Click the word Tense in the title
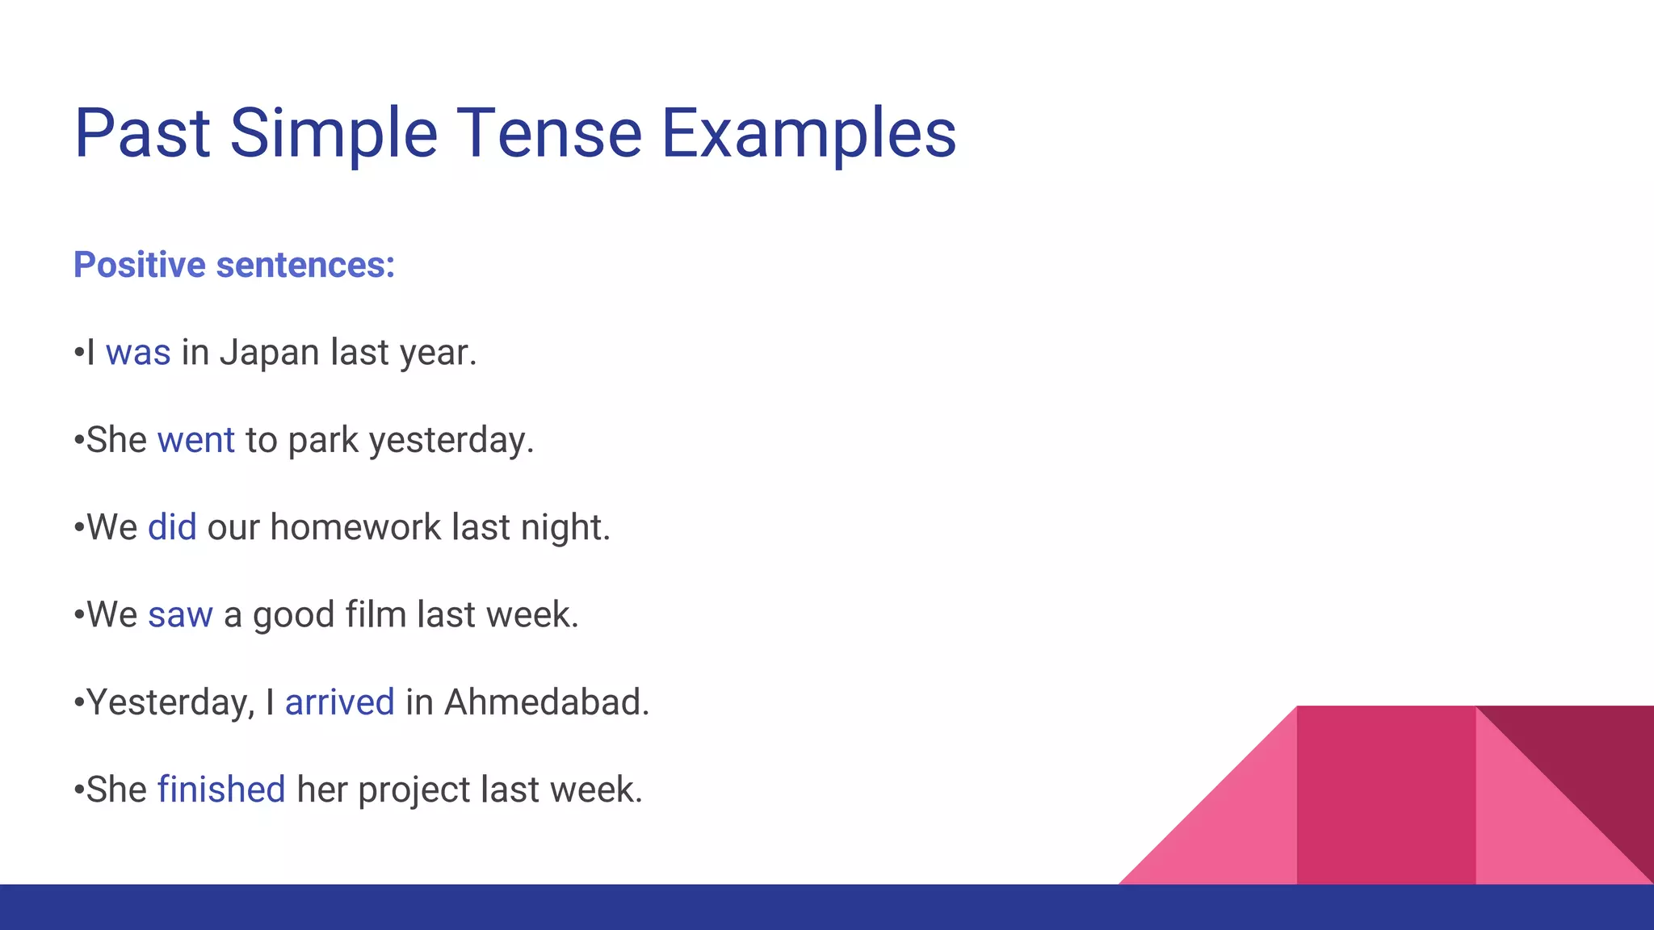[549, 133]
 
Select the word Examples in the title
[808, 133]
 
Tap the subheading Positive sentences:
[234, 265]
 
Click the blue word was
[138, 353]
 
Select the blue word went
[196, 440]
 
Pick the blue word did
[172, 527]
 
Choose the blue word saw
[180, 615]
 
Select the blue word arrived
[339, 702]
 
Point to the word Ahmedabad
[546, 702]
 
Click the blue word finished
[221, 790]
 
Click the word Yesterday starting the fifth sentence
[170, 702]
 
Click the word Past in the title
[142, 133]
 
